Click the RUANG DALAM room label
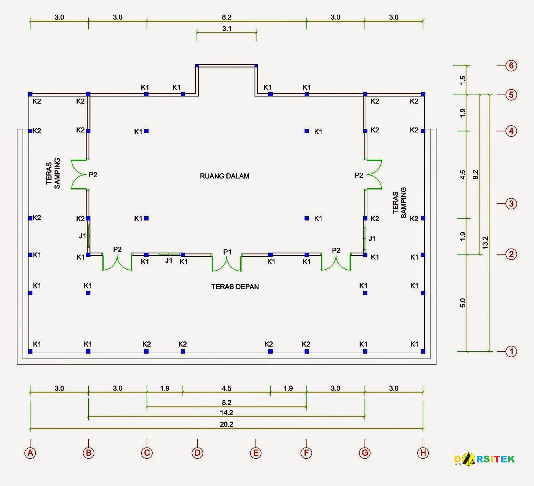(224, 176)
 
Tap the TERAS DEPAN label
(235, 287)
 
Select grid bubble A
(30, 453)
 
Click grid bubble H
(423, 453)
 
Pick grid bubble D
(197, 453)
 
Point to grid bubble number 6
(511, 66)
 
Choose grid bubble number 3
(511, 204)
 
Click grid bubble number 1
(511, 351)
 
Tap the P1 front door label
(227, 252)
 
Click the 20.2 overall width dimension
(226, 424)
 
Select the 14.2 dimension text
(226, 413)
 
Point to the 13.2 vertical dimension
(485, 242)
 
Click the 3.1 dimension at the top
(227, 28)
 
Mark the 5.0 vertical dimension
(463, 303)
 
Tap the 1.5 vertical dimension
(463, 80)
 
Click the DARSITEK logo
(485, 459)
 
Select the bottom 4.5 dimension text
(226, 388)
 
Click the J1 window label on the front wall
(169, 260)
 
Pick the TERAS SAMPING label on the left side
(53, 173)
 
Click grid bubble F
(306, 453)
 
